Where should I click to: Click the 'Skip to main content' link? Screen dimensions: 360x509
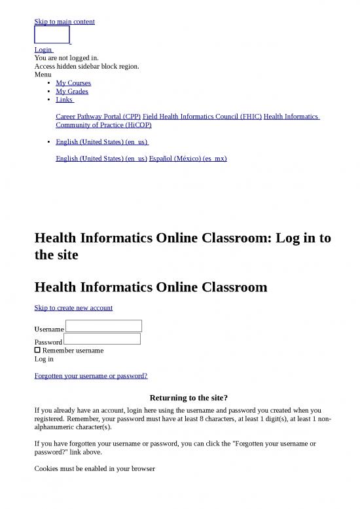(64, 22)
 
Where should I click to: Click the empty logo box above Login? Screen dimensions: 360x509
(52, 35)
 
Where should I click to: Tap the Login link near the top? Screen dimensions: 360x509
(43, 50)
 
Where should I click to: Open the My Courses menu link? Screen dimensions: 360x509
(73, 83)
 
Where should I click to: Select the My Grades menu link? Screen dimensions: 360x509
(72, 92)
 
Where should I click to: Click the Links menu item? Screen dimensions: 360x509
(64, 100)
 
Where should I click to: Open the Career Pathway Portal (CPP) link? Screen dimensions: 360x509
(98, 117)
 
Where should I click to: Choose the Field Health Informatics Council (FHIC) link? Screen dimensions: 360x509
(202, 117)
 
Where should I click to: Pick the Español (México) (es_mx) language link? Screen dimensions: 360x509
(188, 159)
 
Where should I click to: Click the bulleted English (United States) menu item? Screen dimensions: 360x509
(101, 142)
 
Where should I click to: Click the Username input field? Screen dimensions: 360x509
(103, 326)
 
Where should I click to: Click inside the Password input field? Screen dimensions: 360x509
(102, 339)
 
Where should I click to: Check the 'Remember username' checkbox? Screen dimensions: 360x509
(37, 350)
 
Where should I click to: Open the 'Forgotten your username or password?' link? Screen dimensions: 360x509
(90, 376)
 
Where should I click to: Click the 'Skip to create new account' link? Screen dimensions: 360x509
(73, 308)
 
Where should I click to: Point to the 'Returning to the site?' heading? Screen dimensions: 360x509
(189, 398)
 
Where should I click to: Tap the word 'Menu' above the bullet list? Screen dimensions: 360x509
(43, 75)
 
